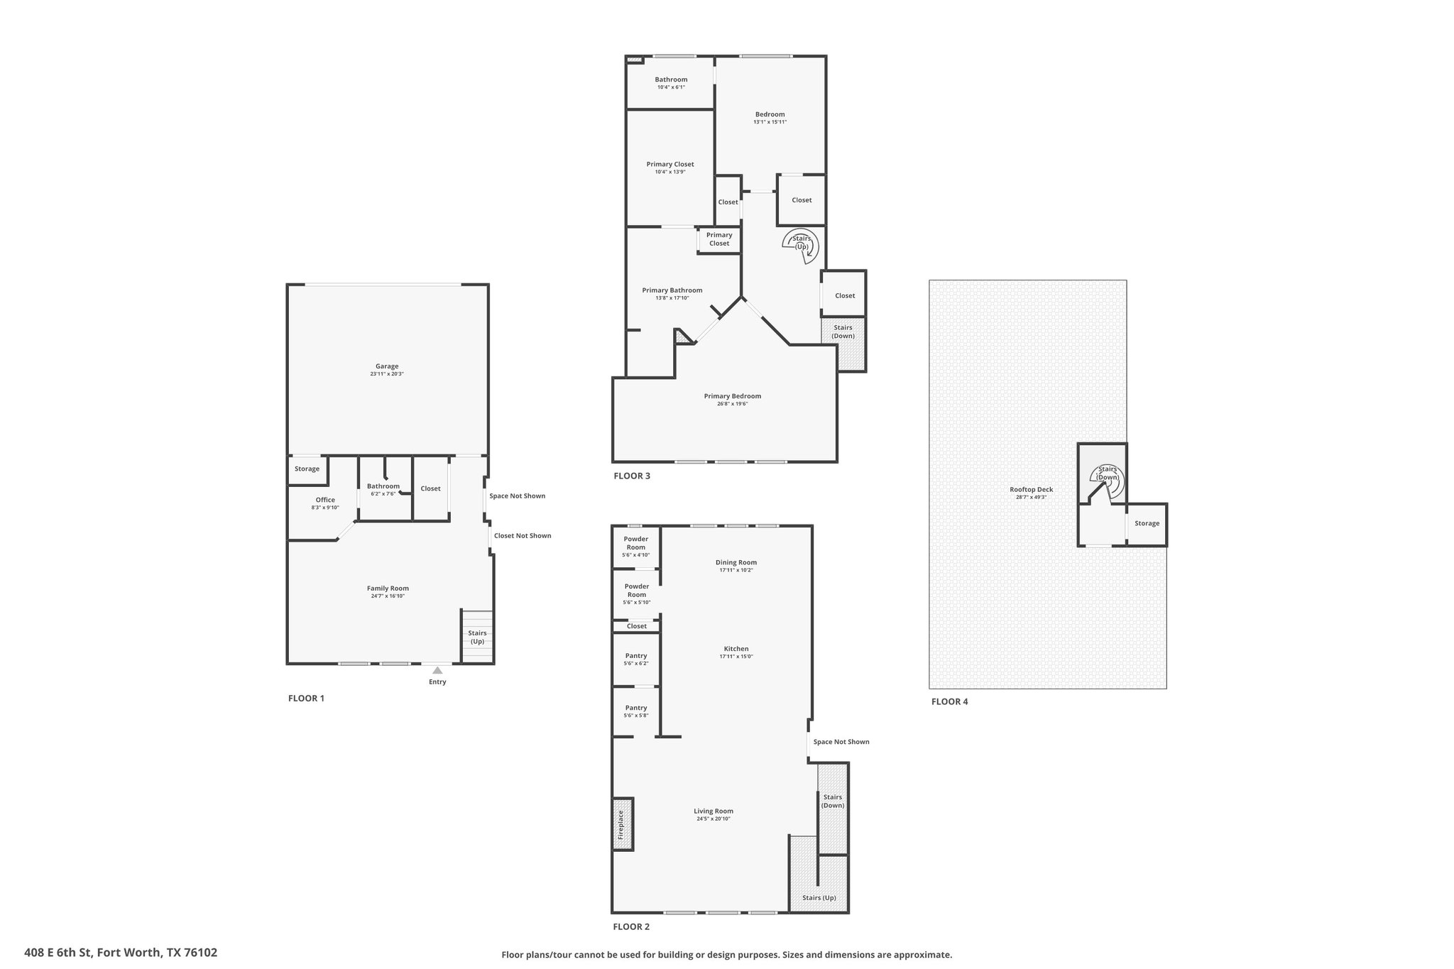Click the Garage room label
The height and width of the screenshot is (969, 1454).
(387, 366)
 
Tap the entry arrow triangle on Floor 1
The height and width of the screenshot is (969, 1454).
(437, 669)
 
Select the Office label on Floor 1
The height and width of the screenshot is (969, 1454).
(325, 500)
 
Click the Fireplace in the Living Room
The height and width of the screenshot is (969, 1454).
(623, 824)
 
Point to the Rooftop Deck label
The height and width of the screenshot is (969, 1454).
(1031, 489)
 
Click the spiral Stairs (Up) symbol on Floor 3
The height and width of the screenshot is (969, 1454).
(802, 246)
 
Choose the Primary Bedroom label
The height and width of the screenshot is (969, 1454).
(733, 396)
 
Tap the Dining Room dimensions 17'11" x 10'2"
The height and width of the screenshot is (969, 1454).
(736, 570)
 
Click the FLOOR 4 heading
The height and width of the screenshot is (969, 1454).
(949, 701)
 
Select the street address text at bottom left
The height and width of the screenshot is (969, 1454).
(121, 953)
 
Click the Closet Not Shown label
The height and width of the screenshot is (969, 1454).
(523, 535)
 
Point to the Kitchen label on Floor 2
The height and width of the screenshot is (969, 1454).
(736, 649)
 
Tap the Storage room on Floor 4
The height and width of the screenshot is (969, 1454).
(1147, 524)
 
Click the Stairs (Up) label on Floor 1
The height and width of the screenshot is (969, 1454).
(477, 637)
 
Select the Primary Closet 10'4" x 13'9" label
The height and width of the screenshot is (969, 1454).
(670, 168)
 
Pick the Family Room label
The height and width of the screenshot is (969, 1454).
(388, 588)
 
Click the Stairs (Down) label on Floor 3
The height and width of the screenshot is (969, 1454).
(843, 332)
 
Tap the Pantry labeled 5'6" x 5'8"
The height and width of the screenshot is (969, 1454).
(636, 711)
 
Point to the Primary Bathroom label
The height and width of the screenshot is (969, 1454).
(672, 290)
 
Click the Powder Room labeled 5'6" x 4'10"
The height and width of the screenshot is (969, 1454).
(636, 547)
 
